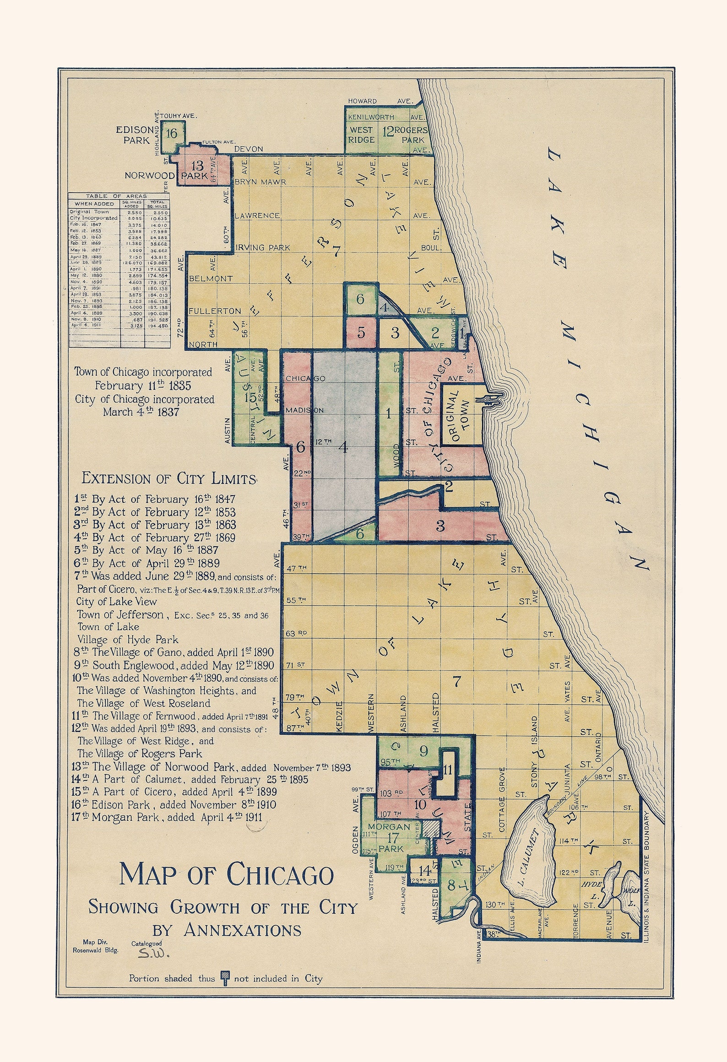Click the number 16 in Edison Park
click(x=172, y=134)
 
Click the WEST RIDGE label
click(x=361, y=134)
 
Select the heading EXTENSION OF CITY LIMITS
click(x=168, y=479)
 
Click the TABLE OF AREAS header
click(x=117, y=196)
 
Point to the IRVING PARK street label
click(x=262, y=248)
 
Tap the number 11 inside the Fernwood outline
click(x=448, y=770)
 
